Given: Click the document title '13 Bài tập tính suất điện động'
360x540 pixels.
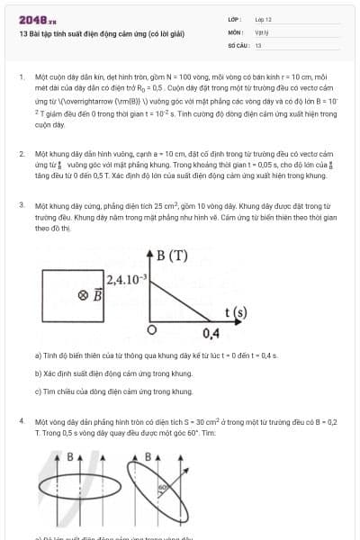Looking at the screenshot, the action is coord(101,34).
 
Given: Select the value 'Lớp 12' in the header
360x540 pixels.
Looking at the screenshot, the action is coord(263,18).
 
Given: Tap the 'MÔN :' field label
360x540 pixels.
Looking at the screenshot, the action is coord(237,31).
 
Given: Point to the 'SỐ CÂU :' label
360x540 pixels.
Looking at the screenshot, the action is coord(238,44).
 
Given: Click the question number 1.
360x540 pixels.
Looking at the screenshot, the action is coord(21,77).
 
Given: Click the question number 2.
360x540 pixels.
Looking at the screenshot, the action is coord(21,154).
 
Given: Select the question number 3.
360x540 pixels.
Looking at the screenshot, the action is coord(21,205).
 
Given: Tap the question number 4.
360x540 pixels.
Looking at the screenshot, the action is coord(21,420).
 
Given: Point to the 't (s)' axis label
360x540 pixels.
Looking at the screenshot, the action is coord(235,312).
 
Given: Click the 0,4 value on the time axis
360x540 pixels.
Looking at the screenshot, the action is coord(211,334).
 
